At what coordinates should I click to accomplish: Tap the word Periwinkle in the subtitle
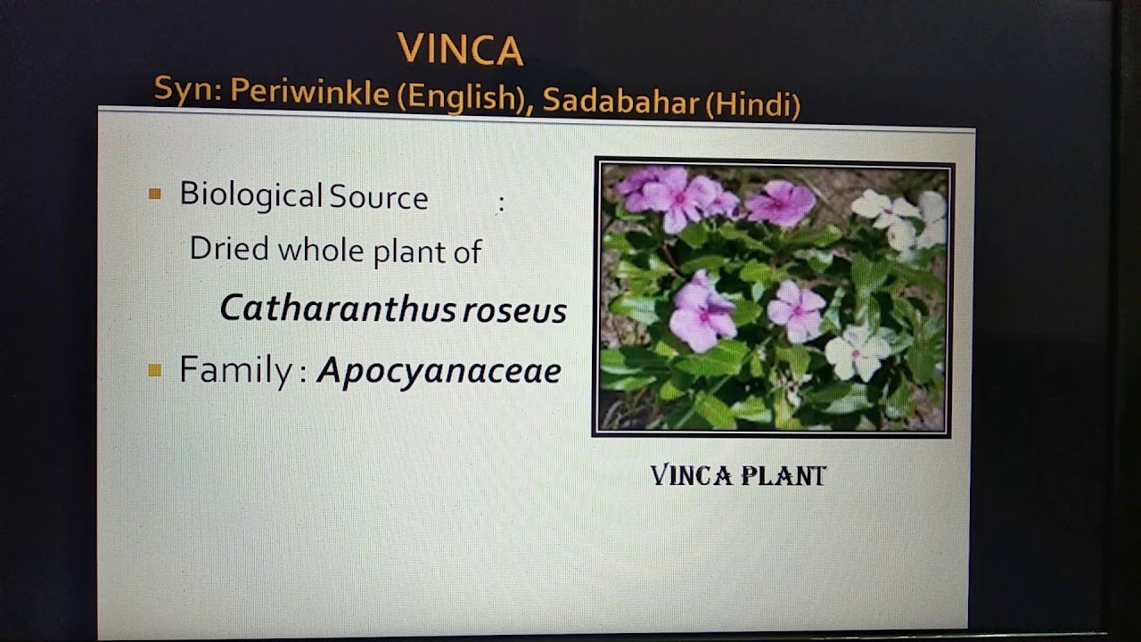[x=309, y=93]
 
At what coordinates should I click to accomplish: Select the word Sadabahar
[x=620, y=102]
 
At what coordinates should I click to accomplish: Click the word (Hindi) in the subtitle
[x=753, y=106]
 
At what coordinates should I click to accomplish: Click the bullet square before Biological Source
[x=155, y=193]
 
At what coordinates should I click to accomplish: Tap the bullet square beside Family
[x=155, y=369]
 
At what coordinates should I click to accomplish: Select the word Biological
[x=250, y=195]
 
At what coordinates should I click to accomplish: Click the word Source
[x=379, y=197]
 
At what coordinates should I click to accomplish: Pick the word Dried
[x=229, y=249]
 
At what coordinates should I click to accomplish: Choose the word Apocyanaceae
[x=439, y=370]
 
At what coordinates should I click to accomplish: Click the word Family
[x=235, y=369]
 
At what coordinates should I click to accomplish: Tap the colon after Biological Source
[x=501, y=204]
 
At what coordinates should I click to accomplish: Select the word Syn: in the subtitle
[x=187, y=88]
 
